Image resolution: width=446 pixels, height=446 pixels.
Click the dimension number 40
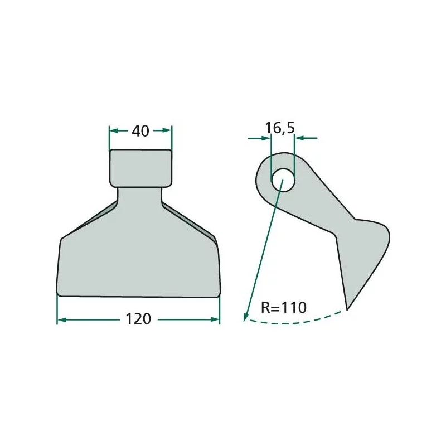pos(140,131)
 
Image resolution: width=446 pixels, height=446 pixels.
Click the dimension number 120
pos(138,319)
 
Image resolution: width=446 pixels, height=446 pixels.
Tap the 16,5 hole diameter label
pos(280,128)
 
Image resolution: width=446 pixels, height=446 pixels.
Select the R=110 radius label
pos(284,307)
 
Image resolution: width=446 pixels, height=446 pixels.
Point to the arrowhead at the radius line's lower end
pos(246,317)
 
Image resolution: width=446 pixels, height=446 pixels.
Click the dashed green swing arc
pos(293,322)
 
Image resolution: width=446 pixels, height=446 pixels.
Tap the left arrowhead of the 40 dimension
pos(114,130)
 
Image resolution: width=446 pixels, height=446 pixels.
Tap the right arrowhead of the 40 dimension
pos(167,130)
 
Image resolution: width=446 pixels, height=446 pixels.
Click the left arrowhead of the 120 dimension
pos(62,320)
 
